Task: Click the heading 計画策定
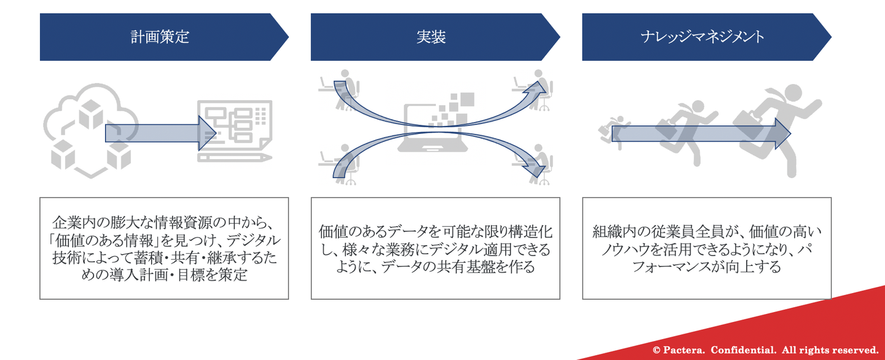point(160,37)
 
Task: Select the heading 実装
point(431,37)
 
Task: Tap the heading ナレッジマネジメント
point(702,37)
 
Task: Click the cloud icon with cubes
point(91,130)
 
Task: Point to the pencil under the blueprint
point(235,157)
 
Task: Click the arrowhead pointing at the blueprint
point(207,133)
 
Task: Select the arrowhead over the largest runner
point(783,133)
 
